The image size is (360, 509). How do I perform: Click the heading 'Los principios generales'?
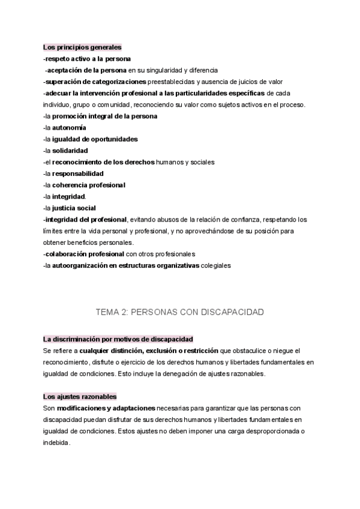82,47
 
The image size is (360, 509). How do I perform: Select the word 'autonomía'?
69,128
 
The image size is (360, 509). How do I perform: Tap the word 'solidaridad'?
70,151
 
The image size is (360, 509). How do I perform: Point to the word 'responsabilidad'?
78,173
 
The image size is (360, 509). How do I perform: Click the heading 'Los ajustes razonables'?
80,397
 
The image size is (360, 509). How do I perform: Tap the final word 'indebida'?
56,442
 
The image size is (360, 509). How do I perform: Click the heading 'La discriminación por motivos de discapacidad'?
118,339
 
